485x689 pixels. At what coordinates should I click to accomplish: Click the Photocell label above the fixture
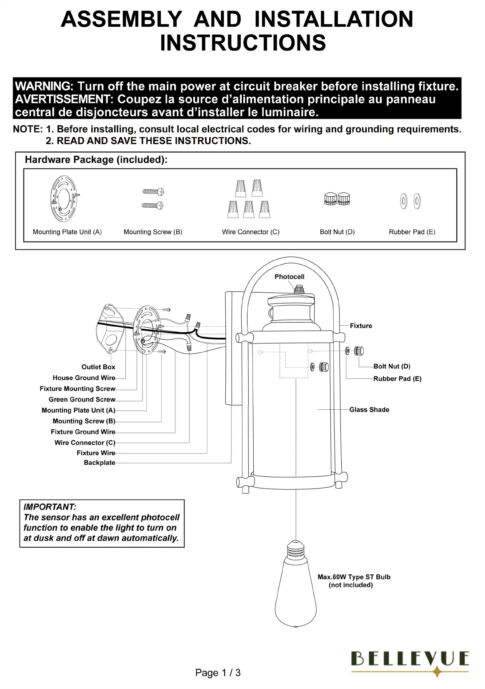[289, 277]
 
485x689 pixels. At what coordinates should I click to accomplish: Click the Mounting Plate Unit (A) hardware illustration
[65, 198]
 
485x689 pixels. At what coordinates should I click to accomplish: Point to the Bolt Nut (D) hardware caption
[337, 232]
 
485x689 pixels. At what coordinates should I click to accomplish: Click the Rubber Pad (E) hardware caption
[412, 232]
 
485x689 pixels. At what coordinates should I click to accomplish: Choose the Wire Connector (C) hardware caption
[250, 232]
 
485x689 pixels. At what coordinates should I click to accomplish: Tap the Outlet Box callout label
[98, 367]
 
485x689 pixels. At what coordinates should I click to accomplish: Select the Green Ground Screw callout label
[82, 399]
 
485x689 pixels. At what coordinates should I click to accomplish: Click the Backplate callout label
[99, 463]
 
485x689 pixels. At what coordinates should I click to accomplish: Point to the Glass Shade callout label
[369, 410]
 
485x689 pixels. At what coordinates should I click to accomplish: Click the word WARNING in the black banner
[44, 87]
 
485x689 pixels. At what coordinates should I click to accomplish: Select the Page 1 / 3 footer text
[218, 673]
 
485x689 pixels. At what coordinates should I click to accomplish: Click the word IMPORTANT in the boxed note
[50, 507]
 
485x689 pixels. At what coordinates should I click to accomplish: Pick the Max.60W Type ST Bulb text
[354, 577]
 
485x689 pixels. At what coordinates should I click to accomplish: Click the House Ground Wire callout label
[84, 378]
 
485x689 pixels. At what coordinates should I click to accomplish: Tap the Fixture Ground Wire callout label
[83, 432]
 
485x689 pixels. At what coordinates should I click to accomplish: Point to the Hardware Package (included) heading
[96, 160]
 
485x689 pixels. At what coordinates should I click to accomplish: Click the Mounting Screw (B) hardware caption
[153, 232]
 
